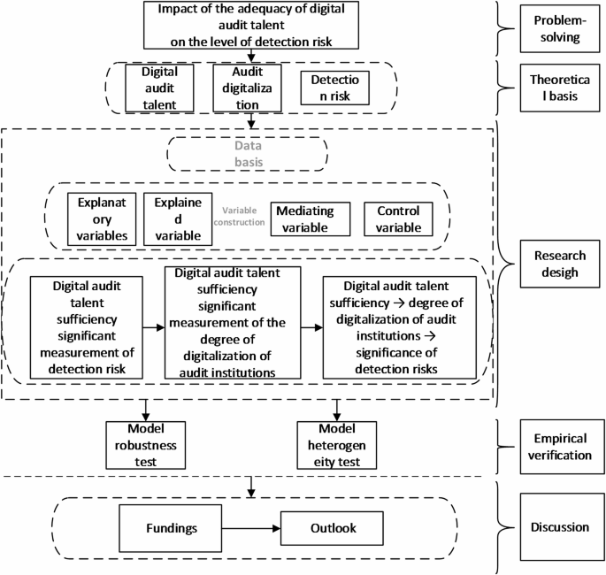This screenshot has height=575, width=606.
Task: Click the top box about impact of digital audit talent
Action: [x=252, y=25]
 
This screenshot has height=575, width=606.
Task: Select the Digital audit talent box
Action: [x=159, y=89]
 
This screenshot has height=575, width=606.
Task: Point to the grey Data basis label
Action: [x=249, y=156]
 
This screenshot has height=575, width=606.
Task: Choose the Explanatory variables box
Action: [x=101, y=218]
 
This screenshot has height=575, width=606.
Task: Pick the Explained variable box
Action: [x=177, y=218]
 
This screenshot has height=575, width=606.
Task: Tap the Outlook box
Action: [x=333, y=528]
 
